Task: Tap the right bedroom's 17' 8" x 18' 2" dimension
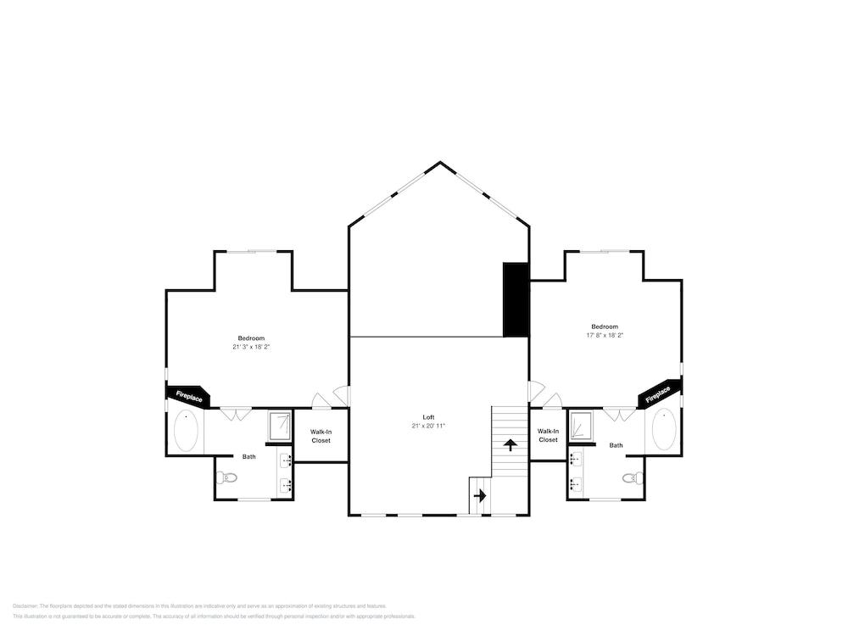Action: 605,335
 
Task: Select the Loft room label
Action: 428,417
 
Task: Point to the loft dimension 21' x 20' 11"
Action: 428,426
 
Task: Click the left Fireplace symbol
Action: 189,395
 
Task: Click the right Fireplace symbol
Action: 659,394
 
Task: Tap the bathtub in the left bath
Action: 186,432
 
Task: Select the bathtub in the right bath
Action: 663,430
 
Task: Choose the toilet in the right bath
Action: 632,478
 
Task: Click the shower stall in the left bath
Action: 280,426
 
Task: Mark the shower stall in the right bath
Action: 581,426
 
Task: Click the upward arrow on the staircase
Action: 510,444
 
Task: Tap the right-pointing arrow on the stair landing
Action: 480,496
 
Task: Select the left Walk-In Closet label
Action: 321,436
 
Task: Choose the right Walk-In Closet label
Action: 548,436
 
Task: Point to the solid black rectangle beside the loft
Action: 516,299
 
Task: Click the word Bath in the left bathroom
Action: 248,457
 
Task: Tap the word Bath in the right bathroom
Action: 616,445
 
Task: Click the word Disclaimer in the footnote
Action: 25,606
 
